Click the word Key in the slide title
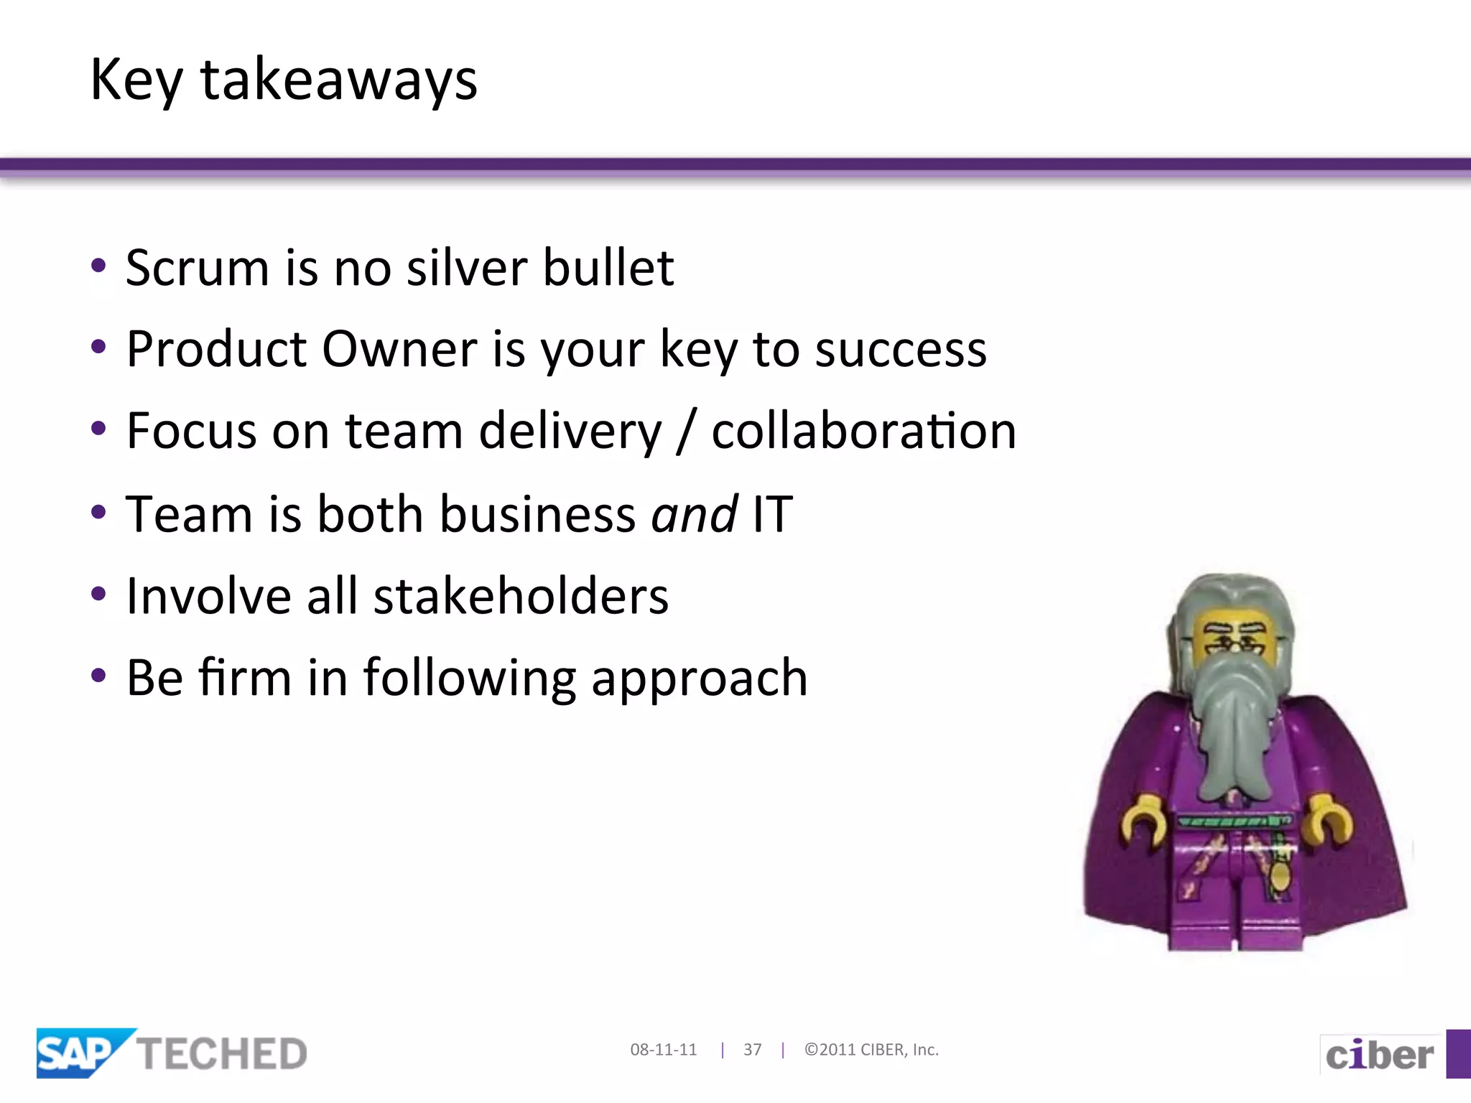point(136,80)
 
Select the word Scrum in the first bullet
point(197,268)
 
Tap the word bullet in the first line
point(608,268)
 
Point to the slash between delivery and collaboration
point(686,432)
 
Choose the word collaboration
point(863,432)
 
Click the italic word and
point(693,515)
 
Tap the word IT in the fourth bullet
point(772,515)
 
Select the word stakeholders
point(521,597)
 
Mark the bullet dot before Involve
point(99,594)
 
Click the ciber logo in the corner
point(1379,1055)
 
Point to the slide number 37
point(752,1050)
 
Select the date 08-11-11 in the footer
point(663,1050)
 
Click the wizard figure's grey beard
point(1233,725)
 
